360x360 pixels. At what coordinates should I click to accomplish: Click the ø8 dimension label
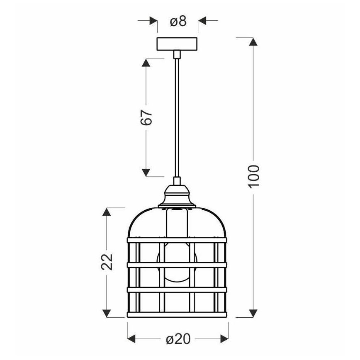coord(178,21)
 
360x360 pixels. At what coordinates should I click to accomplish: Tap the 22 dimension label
coord(107,261)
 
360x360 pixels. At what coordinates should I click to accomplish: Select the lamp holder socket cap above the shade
coord(177,195)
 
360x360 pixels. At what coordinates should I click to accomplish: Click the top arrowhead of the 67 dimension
coord(146,63)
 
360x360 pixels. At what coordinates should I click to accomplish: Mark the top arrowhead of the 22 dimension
coord(107,212)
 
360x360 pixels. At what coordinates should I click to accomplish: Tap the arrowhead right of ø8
coord(202,21)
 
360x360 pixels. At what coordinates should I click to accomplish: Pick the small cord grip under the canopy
coord(177,54)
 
